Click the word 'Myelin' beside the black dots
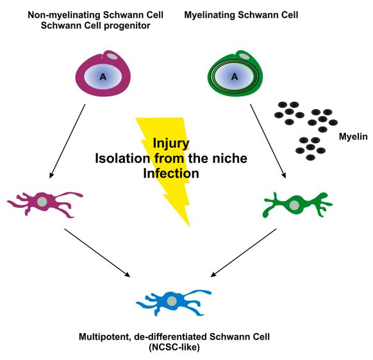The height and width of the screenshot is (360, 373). pos(353,137)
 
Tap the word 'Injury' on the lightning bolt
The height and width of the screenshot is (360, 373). pos(171,143)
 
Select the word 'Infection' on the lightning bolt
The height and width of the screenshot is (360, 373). pos(171,173)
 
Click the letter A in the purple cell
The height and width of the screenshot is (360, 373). pos(103,77)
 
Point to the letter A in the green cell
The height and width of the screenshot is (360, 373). pos(235,77)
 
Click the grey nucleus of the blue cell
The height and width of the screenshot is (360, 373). pos(172,301)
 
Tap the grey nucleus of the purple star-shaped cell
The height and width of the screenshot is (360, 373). pos(42,202)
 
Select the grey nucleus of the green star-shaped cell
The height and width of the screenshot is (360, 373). pos(295,205)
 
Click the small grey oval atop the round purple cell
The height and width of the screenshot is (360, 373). pos(112,56)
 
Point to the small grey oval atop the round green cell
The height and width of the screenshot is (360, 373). pos(244,56)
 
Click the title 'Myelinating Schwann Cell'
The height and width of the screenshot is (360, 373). pos(241,15)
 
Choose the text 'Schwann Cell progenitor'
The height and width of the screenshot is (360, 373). pos(95,25)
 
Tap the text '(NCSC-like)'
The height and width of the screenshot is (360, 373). pos(174,347)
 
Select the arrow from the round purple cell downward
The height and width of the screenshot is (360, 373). pos(67,141)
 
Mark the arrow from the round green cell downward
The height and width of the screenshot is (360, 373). pos(268,141)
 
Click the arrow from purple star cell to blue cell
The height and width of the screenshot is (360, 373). pos(97,253)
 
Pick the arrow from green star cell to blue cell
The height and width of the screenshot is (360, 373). pos(244,253)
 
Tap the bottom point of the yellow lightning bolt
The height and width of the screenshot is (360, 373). pos(189,226)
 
